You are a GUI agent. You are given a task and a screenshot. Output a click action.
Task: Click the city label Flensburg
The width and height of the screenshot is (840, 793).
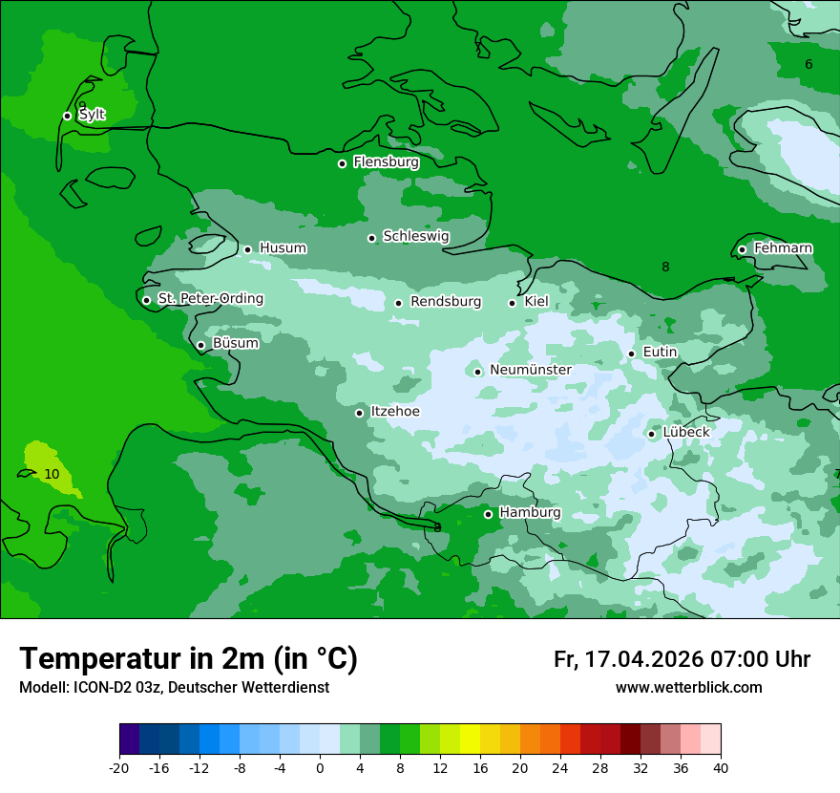pos(386,162)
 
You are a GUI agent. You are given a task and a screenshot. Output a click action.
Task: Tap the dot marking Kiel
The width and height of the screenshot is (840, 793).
pos(513,303)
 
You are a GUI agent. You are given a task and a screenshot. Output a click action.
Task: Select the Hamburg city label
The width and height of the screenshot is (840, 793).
pos(530,513)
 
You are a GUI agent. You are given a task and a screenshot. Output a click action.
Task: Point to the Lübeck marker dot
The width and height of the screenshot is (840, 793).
pos(652,434)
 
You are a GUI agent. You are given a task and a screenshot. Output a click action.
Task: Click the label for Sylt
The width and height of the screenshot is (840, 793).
pos(92,115)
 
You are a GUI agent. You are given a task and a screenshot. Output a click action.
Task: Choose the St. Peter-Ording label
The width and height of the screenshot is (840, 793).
pos(210,299)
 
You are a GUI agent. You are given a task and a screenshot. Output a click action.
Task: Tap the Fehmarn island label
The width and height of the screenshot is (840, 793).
pos(783,248)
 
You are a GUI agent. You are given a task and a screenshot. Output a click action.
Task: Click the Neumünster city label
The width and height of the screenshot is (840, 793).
pos(531,371)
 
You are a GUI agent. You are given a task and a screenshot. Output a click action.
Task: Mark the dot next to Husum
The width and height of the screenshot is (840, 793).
pos(248,249)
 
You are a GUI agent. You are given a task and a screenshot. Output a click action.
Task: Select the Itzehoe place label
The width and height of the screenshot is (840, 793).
pos(395,412)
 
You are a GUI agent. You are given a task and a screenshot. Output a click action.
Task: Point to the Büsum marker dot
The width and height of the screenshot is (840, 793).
pos(200,346)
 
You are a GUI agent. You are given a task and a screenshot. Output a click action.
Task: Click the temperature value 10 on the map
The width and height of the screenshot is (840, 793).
pos(52,474)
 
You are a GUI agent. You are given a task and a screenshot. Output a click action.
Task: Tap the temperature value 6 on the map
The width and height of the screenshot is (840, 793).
pos(808,65)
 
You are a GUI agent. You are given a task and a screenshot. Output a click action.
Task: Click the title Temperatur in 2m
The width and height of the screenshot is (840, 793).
pos(189,659)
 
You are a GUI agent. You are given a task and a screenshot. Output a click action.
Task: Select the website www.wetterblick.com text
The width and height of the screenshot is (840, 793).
pos(688,688)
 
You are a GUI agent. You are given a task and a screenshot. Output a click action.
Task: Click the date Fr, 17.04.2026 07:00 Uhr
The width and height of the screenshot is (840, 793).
pos(682,659)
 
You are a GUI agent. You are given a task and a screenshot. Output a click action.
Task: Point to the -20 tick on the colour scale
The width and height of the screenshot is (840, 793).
pos(119,768)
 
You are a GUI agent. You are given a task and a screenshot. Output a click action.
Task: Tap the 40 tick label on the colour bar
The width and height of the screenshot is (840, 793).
pos(721,768)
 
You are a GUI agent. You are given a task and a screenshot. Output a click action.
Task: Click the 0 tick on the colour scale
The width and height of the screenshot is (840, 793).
pos(320,768)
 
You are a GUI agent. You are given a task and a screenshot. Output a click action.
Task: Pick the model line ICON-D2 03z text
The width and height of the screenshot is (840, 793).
pos(174,688)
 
